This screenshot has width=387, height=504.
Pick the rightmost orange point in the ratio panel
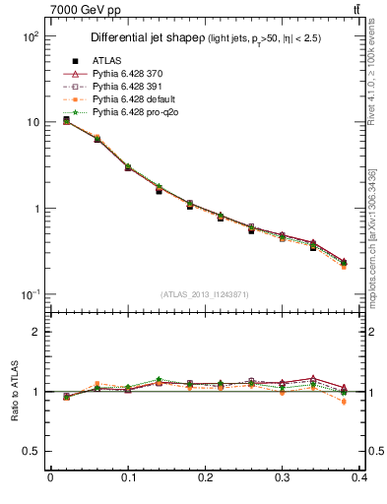[343, 402]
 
